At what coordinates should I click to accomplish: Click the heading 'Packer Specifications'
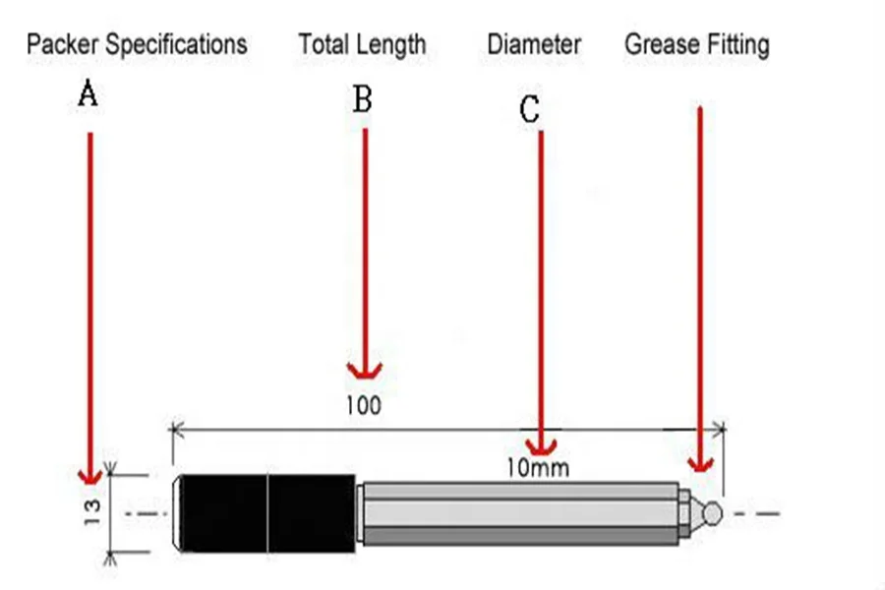coord(137,44)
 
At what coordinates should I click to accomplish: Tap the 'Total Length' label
coord(363,44)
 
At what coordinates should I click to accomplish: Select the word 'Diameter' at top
coord(534,44)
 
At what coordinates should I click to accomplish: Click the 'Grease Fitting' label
coord(697,44)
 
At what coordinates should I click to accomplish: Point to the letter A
coord(88,95)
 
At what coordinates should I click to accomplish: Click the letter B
coord(363,98)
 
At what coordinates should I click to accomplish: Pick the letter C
coord(530,110)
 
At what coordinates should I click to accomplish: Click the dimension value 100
coord(363,403)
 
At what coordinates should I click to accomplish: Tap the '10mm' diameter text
coord(537,467)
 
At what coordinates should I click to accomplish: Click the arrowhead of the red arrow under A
coord(90,477)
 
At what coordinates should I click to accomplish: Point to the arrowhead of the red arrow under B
coord(365,370)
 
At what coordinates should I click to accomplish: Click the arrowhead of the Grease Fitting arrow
coord(700,463)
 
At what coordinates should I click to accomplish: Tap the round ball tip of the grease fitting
coord(715,512)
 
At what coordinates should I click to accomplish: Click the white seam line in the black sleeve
coord(267,512)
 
